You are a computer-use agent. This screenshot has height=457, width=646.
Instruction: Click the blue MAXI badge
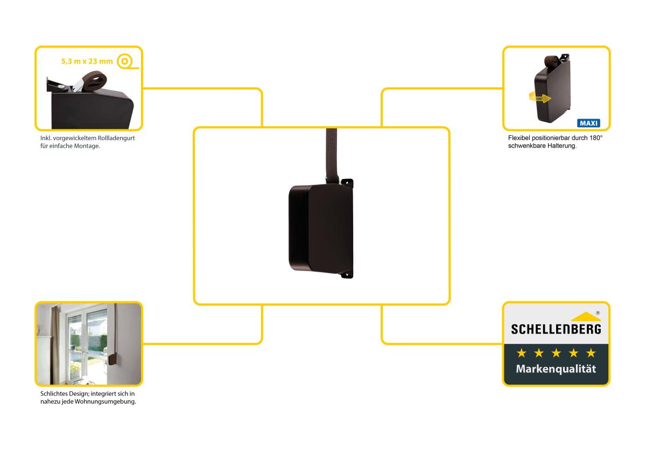588,123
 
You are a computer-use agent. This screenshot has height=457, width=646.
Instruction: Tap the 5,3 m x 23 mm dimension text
87,61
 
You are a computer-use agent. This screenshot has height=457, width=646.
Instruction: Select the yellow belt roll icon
127,61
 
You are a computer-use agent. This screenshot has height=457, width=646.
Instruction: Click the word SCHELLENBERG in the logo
556,329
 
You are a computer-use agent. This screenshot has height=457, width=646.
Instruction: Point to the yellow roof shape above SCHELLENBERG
586,316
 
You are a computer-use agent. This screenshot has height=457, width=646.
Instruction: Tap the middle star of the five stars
556,352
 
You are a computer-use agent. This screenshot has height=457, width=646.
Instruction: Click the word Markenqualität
556,369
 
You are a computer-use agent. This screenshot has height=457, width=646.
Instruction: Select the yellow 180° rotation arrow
540,98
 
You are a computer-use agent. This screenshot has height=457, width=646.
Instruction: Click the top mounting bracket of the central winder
347,182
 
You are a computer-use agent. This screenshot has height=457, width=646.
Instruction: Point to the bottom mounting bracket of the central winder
347,275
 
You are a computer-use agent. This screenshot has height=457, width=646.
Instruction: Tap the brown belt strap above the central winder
331,155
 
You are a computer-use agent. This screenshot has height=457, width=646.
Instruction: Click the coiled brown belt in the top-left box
94,80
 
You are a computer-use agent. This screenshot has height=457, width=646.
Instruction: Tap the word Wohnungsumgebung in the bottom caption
106,401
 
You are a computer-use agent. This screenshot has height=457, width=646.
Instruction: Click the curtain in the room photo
55,345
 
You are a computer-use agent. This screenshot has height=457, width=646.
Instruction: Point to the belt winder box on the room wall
113,358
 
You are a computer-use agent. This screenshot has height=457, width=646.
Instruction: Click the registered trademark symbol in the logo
598,313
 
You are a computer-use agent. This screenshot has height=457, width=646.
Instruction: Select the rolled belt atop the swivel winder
551,61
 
